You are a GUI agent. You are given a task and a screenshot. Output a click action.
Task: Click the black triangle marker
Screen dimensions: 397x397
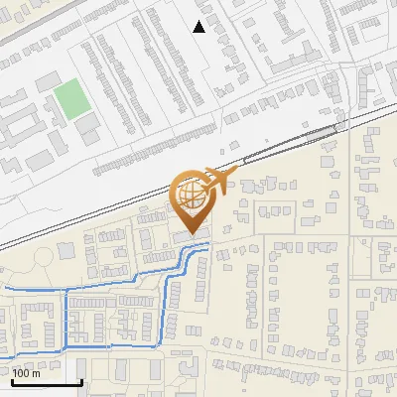pyautogui.click(x=199, y=27)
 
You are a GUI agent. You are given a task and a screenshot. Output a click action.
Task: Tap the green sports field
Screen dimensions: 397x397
pyautogui.click(x=70, y=98)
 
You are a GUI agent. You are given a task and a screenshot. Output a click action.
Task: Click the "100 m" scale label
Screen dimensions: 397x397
pyautogui.click(x=26, y=373)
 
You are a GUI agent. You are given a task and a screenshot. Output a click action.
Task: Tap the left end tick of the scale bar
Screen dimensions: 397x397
pyautogui.click(x=12, y=380)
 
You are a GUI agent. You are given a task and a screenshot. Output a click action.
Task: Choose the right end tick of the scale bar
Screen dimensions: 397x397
pyautogui.click(x=81, y=380)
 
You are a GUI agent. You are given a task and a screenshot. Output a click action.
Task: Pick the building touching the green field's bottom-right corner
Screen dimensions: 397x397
pyautogui.click(x=89, y=123)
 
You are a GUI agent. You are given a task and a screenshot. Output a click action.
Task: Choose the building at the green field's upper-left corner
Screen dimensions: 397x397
pyautogui.click(x=47, y=80)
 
